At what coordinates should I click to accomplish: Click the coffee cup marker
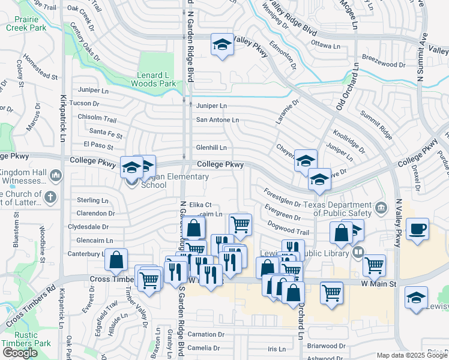418,228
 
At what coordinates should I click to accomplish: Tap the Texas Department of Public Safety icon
381,208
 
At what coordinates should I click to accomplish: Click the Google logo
20,353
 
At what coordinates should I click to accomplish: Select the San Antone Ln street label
217,120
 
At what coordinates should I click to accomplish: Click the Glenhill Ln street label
211,147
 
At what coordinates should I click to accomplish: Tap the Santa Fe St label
105,131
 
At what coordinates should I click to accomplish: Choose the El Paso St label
98,145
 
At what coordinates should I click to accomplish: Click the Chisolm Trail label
97,118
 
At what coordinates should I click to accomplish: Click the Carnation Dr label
205,334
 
